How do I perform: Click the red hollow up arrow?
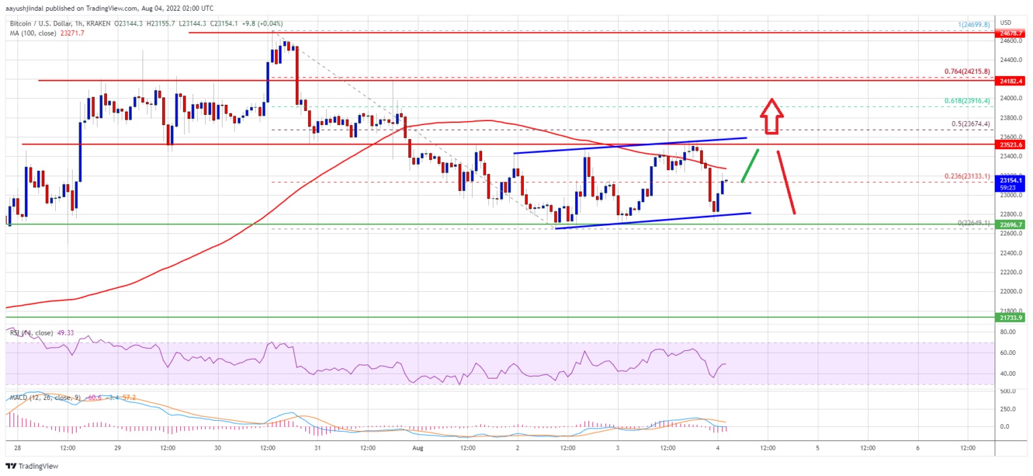click(771, 117)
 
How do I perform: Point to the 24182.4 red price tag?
click(1011, 80)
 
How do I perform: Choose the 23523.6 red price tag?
click(1011, 144)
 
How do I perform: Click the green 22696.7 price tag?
click(1011, 225)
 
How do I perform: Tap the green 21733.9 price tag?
click(1011, 317)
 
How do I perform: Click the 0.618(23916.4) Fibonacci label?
click(966, 101)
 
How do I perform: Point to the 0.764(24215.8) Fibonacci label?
click(966, 72)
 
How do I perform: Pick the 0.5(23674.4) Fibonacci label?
click(970, 124)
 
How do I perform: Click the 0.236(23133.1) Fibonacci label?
click(966, 176)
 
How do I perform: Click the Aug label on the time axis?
click(417, 447)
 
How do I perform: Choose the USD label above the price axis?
click(1006, 22)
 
